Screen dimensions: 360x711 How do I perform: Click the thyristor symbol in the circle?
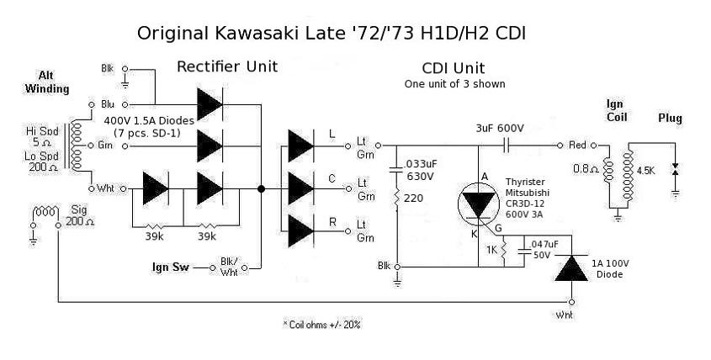point(479,207)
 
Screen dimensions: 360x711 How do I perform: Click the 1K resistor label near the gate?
point(491,249)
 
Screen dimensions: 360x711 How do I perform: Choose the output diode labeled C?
point(301,185)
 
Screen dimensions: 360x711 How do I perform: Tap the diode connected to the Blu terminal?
point(210,104)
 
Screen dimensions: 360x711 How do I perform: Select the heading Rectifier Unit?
point(226,66)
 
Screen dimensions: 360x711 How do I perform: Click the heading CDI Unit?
point(453,68)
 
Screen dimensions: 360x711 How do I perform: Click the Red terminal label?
point(578,146)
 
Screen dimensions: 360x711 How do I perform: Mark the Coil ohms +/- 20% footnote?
point(323,323)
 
